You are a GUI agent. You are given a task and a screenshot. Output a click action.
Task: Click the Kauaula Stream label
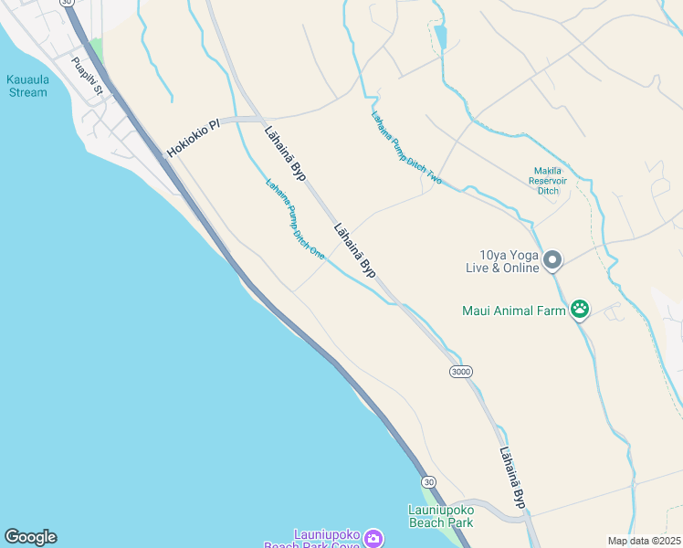26,86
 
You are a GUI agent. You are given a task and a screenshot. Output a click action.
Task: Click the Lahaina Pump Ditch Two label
406,148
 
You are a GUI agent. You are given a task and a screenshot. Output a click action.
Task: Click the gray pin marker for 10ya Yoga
552,261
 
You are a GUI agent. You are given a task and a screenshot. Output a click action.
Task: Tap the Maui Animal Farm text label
514,311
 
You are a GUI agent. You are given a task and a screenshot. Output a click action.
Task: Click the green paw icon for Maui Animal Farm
579,311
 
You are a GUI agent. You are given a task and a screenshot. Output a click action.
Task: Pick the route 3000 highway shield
461,371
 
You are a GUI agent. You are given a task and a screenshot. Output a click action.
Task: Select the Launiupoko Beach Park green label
440,516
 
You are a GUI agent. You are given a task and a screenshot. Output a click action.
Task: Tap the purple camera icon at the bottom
373,538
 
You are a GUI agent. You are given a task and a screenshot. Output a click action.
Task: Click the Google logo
30,537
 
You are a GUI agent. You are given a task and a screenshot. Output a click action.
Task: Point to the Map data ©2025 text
644,541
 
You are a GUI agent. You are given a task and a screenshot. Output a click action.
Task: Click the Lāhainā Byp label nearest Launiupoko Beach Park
513,476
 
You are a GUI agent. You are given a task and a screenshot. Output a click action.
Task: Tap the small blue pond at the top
441,37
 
